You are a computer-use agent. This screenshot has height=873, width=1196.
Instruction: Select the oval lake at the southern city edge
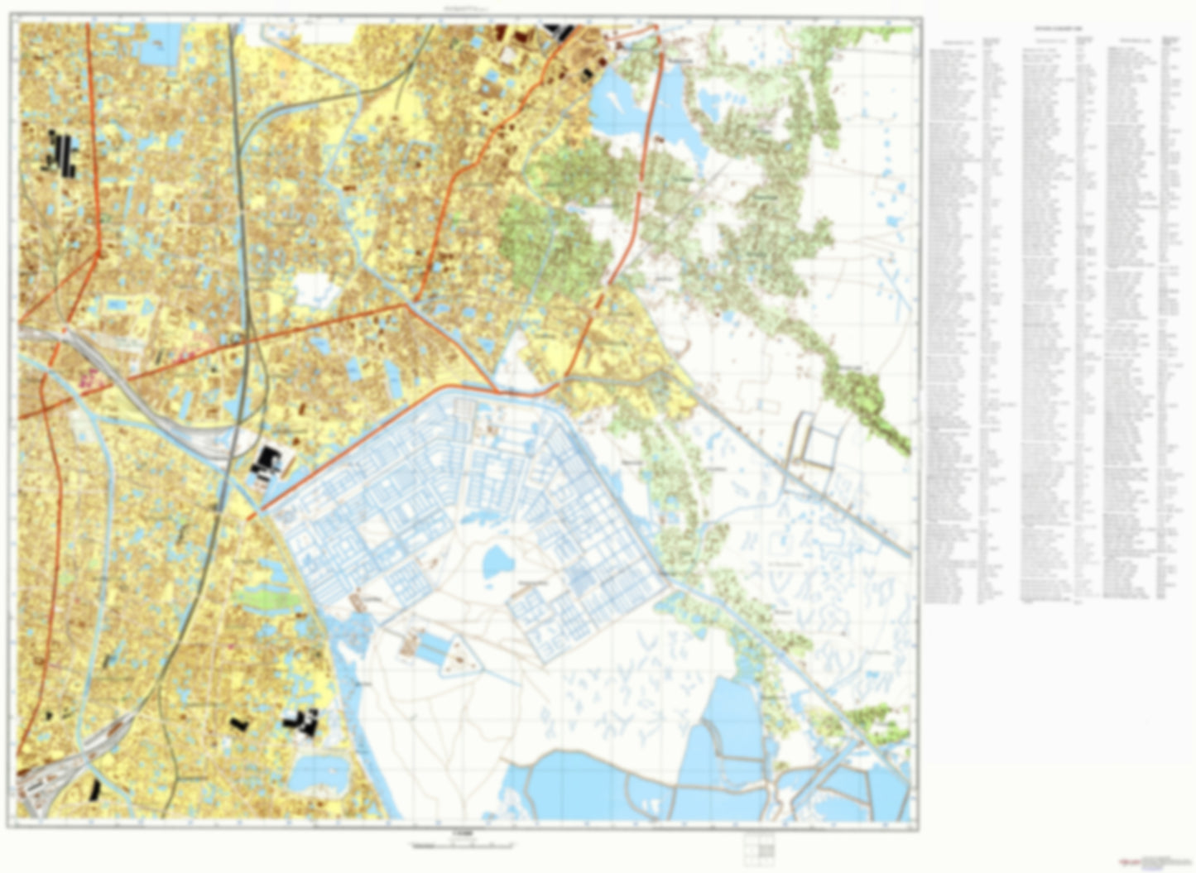(319, 770)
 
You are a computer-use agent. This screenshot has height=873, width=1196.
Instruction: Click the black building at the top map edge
(559, 31)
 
